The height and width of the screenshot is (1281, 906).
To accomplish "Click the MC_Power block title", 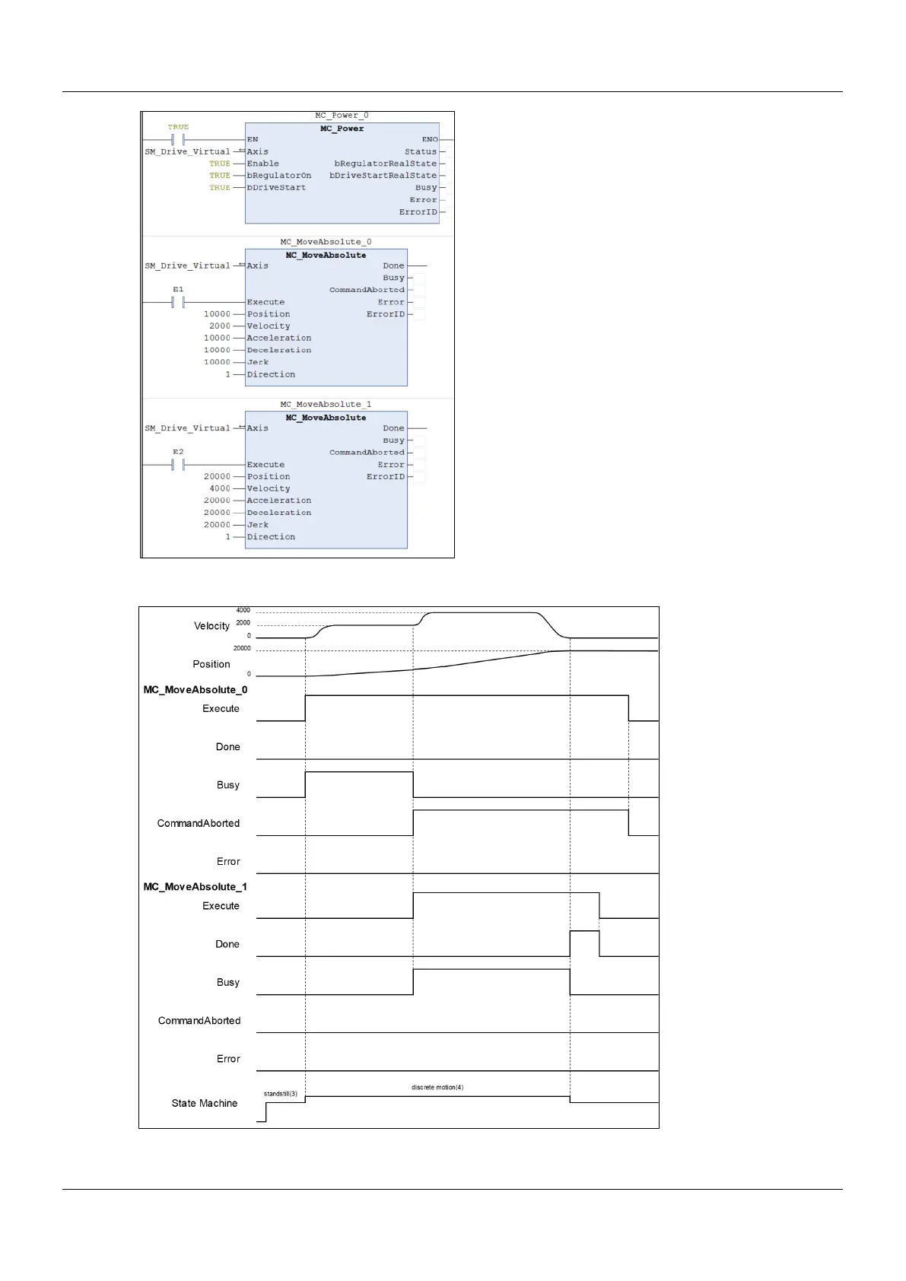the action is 342,129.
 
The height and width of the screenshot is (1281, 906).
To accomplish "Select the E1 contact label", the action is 178,290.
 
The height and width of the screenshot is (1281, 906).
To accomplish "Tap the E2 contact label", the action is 178,452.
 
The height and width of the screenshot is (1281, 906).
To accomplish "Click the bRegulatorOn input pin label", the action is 278,176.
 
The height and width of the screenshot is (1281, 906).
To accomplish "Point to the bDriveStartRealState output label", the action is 383,176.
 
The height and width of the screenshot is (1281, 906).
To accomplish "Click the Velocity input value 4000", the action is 220,488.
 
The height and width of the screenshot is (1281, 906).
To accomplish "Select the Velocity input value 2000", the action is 220,326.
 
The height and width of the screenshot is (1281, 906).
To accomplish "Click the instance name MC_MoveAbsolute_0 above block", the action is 326,242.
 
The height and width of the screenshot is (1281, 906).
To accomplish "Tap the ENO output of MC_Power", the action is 430,139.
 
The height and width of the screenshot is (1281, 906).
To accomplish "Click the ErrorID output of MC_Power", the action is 418,212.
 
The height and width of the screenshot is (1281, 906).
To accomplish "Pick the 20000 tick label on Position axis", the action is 242,649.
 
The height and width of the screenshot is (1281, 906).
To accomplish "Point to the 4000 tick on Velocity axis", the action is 243,610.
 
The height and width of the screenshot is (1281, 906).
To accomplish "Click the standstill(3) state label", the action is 281,1094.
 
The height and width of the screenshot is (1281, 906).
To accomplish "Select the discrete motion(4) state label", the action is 437,1087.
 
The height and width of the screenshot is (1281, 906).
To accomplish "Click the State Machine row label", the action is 204,1103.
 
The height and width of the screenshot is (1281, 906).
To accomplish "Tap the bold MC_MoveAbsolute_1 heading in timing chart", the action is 196,887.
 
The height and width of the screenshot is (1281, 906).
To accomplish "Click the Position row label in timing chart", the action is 211,664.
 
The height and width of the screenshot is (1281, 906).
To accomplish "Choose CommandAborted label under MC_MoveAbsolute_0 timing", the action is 199,823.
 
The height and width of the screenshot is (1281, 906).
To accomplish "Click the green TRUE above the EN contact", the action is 178,127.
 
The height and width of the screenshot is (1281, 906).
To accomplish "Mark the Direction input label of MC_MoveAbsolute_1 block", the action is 271,537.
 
